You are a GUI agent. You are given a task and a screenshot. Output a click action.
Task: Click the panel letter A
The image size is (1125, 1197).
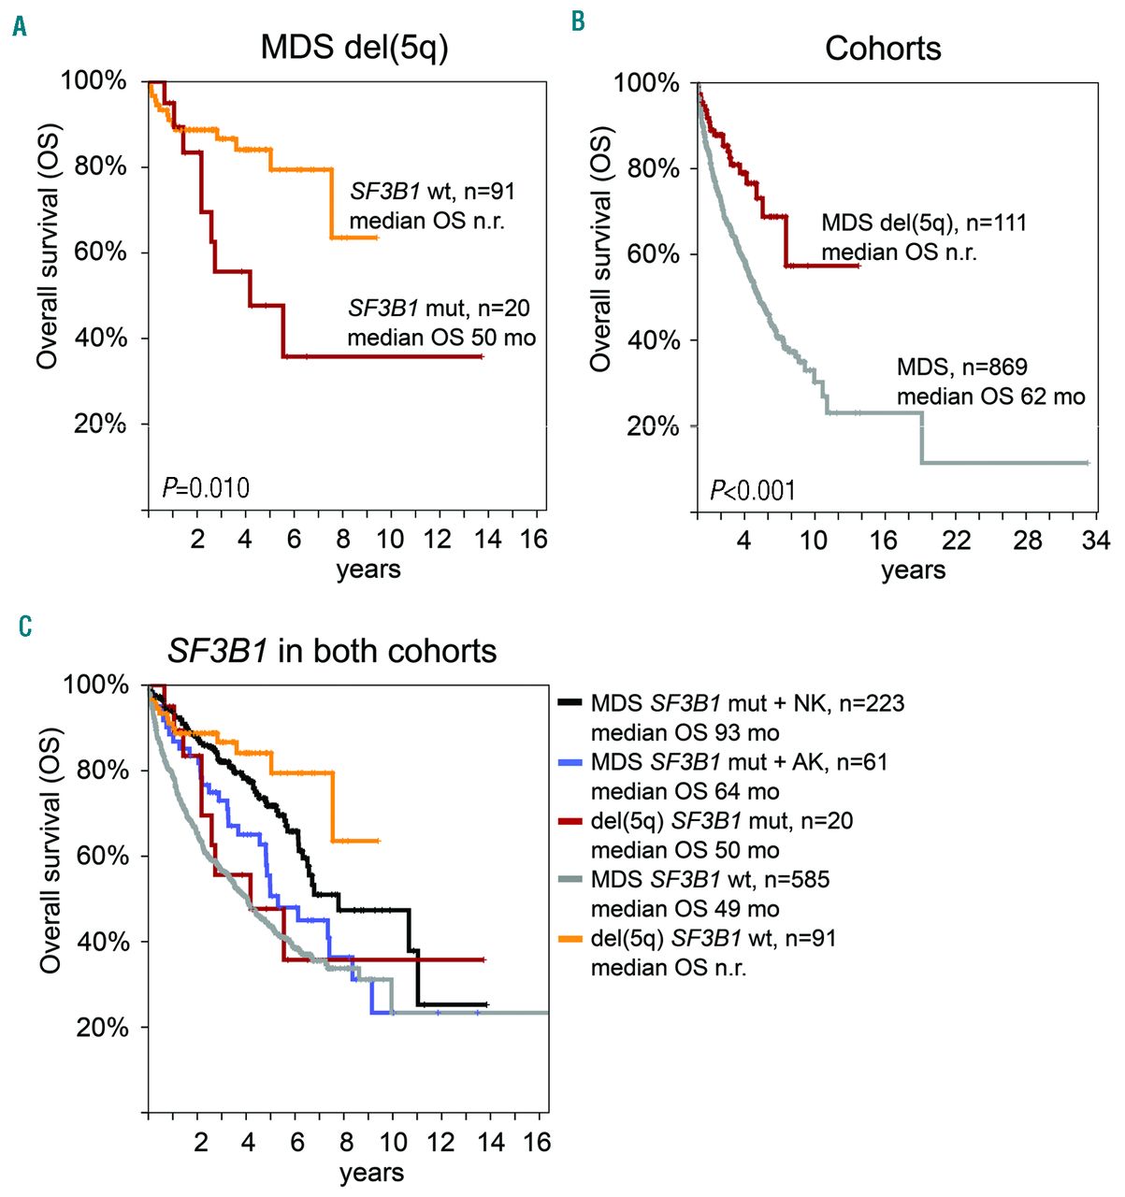tap(20, 27)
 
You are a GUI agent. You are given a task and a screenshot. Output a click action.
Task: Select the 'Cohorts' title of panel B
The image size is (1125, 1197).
tap(883, 49)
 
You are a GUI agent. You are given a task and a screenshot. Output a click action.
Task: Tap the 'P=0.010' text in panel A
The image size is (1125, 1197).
tap(206, 487)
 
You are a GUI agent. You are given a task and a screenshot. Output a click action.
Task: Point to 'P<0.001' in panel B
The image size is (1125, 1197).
tap(753, 490)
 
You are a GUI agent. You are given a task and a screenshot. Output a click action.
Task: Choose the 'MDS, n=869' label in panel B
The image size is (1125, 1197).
tap(961, 368)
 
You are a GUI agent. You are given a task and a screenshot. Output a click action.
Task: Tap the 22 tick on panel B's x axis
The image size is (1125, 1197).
tap(956, 541)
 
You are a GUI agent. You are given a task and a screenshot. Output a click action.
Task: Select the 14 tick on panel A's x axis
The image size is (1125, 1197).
tap(487, 540)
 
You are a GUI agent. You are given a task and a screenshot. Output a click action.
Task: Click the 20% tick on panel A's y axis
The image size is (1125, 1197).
tap(100, 424)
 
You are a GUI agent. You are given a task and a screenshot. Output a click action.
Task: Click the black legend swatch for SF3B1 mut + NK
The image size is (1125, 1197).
tap(570, 703)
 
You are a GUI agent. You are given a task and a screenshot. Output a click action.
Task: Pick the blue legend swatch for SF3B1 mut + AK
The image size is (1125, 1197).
tap(570, 762)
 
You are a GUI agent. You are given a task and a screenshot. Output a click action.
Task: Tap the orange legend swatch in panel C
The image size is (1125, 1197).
tap(570, 939)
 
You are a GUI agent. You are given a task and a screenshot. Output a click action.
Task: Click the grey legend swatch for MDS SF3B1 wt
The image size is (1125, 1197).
tap(570, 880)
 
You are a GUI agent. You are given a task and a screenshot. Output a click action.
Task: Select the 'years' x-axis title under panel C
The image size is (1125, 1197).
tap(371, 1173)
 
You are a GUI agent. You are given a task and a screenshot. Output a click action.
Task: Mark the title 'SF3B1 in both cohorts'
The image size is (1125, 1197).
tap(332, 651)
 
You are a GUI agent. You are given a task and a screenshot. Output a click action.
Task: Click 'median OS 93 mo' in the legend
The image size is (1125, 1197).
tap(685, 733)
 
